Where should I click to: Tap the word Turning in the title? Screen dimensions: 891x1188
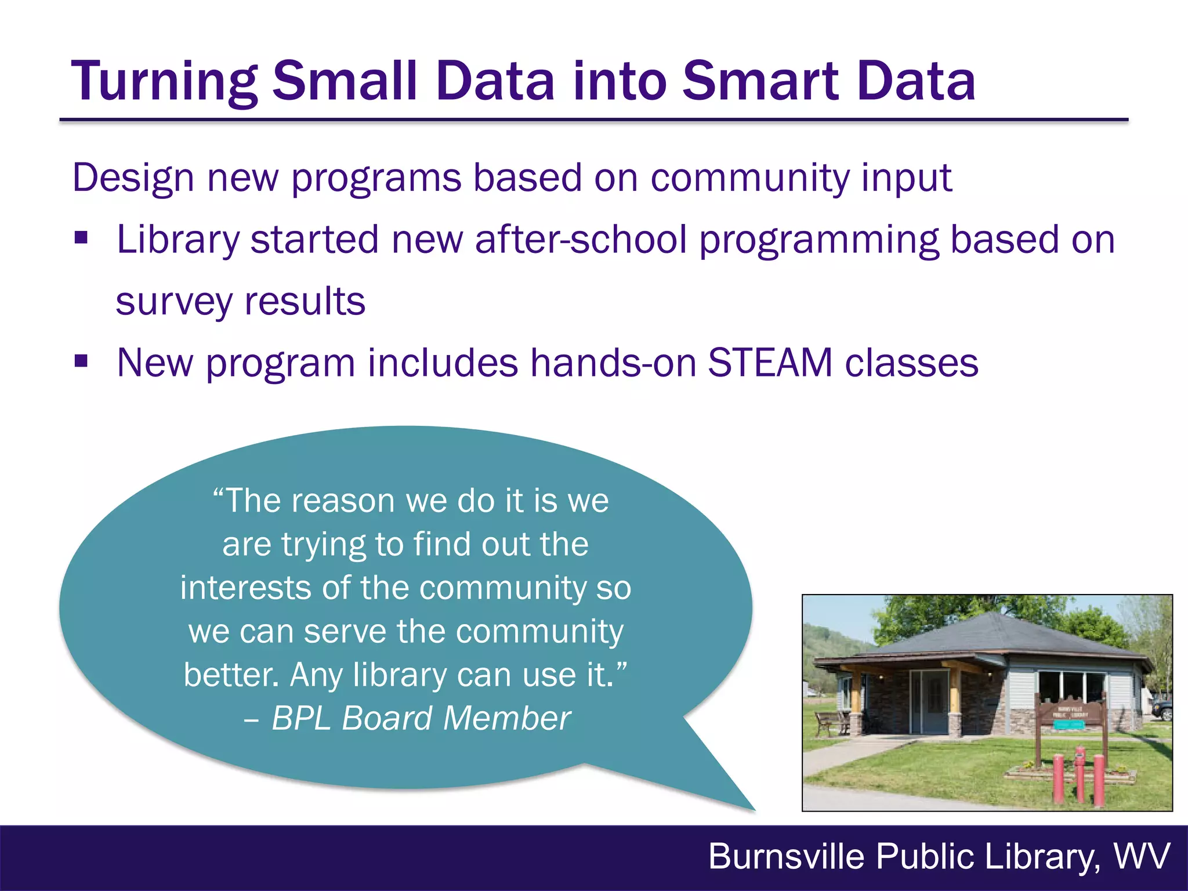point(164,82)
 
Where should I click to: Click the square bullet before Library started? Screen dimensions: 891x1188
point(81,238)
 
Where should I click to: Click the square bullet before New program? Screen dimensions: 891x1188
point(81,362)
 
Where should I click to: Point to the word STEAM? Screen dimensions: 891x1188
point(770,363)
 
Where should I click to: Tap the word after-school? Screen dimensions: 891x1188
point(581,240)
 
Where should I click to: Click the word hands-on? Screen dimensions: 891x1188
point(613,363)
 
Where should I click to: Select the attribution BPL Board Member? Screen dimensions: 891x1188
point(421,718)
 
